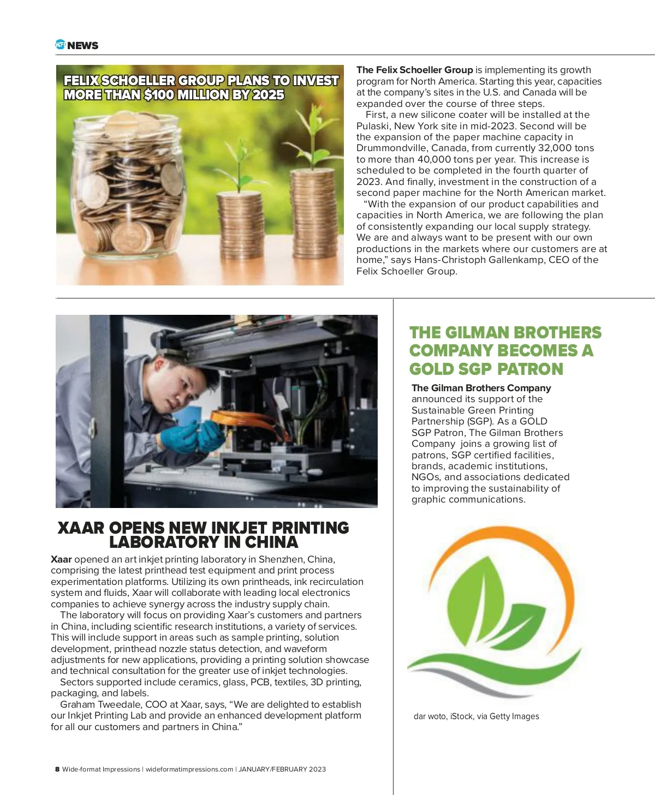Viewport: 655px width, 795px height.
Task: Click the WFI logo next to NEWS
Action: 60,45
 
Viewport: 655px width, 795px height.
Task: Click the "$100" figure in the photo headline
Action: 159,95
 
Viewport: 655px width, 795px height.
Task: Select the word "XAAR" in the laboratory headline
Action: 81,528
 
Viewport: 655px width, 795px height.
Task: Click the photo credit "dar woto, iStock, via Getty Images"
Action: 476,716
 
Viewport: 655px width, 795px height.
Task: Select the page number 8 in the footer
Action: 57,769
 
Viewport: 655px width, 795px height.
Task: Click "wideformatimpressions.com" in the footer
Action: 189,769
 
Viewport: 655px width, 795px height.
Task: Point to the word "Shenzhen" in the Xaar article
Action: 281,559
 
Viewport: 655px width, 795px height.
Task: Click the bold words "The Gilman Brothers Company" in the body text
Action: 481,388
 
